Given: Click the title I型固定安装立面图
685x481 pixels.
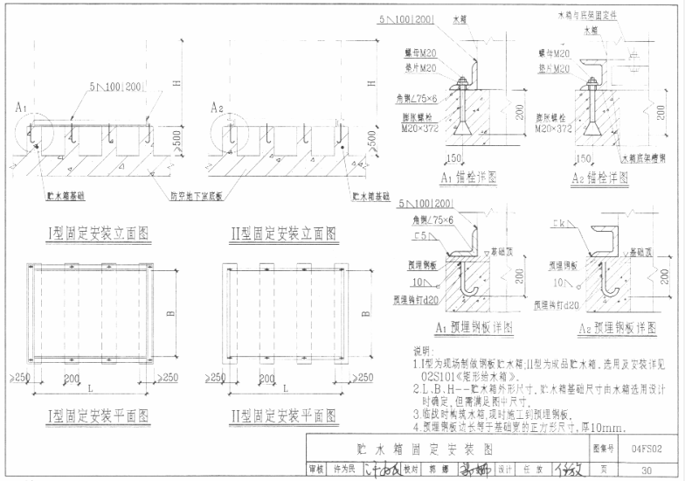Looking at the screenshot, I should tap(98, 233).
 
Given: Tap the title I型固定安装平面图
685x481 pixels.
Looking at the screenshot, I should tap(98, 414).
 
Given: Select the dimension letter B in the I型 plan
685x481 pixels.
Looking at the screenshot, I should tap(172, 312).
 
